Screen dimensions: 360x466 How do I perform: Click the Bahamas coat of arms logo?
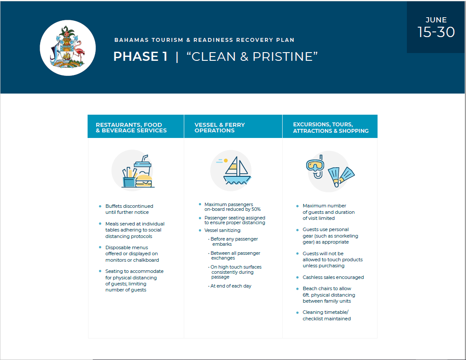point(68,48)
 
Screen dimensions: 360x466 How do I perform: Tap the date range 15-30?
point(436,32)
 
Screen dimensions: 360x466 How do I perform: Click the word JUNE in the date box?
point(436,20)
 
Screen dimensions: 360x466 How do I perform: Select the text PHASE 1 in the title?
point(140,56)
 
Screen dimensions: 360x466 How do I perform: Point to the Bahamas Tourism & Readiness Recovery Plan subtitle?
point(204,40)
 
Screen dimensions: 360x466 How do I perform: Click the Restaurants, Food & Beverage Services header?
point(131,128)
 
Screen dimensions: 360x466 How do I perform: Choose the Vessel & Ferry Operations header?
point(220,128)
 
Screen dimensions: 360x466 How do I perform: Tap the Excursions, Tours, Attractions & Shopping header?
point(331,128)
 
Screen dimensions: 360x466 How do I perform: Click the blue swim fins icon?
point(341,175)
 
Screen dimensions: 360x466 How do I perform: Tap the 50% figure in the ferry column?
point(255,209)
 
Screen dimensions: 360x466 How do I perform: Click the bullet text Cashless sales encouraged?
point(333,277)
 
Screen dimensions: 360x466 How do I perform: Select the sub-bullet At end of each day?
point(231,286)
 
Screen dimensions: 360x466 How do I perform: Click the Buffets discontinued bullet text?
point(129,206)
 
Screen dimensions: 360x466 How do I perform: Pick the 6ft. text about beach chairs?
point(308,295)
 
